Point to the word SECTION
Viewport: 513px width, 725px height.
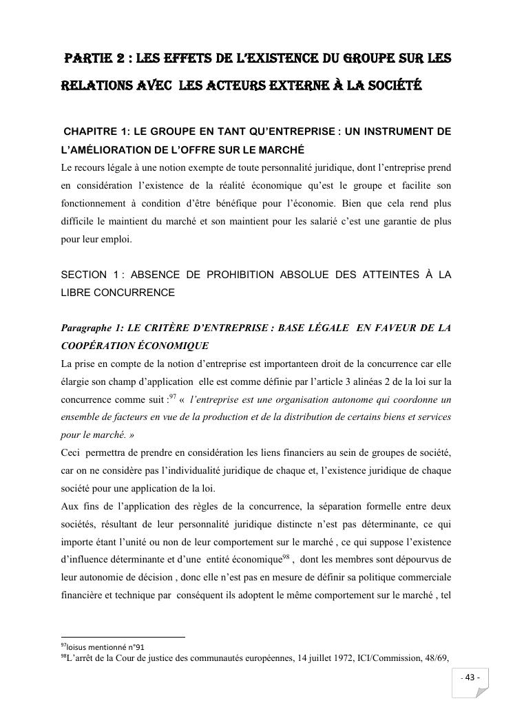(84, 275)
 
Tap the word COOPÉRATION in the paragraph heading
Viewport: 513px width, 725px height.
(97, 346)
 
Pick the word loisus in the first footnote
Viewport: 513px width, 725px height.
(78, 647)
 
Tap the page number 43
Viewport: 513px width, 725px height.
(472, 677)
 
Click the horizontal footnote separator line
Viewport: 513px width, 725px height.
(123, 637)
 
